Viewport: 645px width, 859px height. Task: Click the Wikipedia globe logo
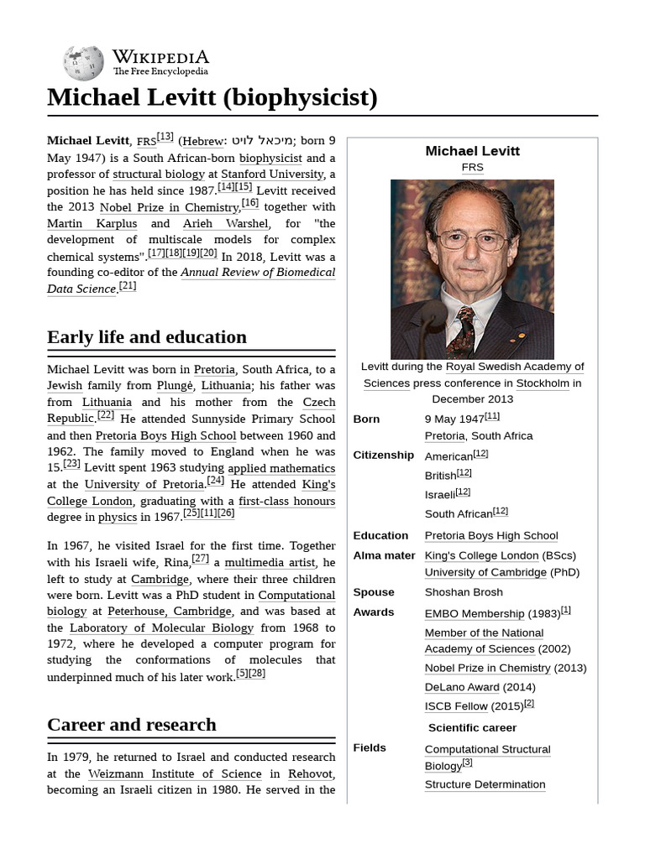click(x=83, y=63)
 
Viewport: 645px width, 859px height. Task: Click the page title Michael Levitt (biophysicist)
click(x=212, y=97)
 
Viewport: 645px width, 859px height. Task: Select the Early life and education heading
click(x=147, y=337)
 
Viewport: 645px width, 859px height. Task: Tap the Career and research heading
click(x=132, y=725)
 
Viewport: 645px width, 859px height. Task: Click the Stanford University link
click(x=272, y=174)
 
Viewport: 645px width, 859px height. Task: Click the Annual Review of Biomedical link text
click(x=258, y=272)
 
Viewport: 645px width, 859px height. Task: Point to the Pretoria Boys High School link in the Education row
click(x=490, y=535)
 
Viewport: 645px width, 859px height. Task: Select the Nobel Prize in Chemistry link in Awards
click(x=487, y=668)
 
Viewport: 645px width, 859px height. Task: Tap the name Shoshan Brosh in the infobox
click(x=464, y=591)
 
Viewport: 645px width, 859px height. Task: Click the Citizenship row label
click(x=384, y=455)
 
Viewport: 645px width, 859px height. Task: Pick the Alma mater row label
click(x=384, y=555)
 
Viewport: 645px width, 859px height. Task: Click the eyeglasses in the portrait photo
click(x=471, y=240)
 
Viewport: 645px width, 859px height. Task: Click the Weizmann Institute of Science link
click(x=175, y=773)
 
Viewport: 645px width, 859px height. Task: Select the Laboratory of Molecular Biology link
click(x=161, y=627)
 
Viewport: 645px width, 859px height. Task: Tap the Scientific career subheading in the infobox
click(x=472, y=727)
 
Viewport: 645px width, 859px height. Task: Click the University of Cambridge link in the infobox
click(x=485, y=572)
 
